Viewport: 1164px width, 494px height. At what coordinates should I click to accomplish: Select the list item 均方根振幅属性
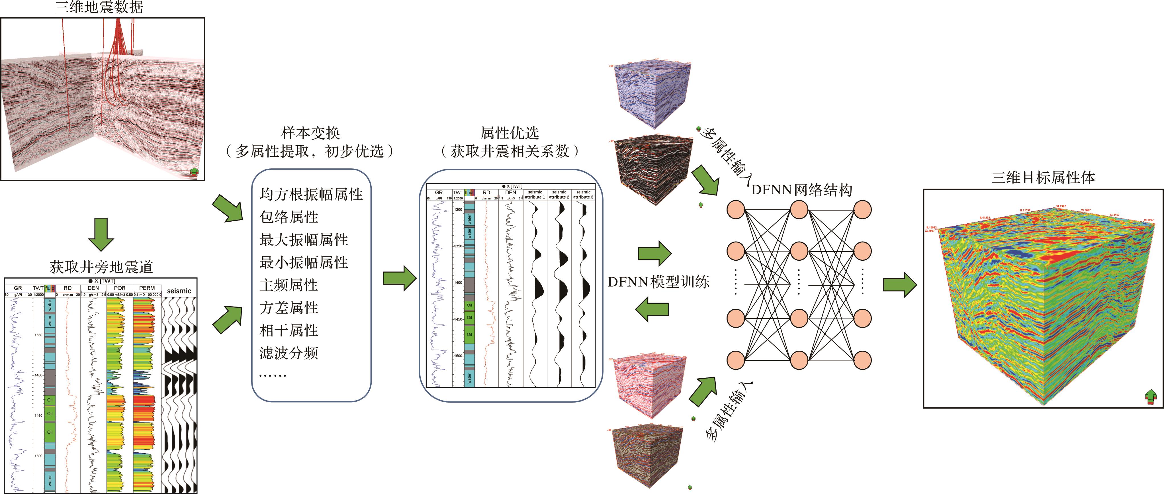[311, 195]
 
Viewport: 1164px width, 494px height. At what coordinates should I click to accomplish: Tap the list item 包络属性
[289, 217]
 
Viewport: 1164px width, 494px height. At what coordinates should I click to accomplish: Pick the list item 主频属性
[289, 285]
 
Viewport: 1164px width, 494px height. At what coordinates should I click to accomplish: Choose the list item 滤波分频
[289, 353]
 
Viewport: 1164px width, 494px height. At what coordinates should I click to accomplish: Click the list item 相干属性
[289, 330]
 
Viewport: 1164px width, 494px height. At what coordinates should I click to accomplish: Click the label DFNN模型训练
[658, 282]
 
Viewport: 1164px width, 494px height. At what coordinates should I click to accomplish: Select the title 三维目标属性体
[1043, 177]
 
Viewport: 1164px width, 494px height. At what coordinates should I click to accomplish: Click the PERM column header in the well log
[147, 288]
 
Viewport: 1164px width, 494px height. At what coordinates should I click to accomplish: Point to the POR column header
[120, 288]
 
